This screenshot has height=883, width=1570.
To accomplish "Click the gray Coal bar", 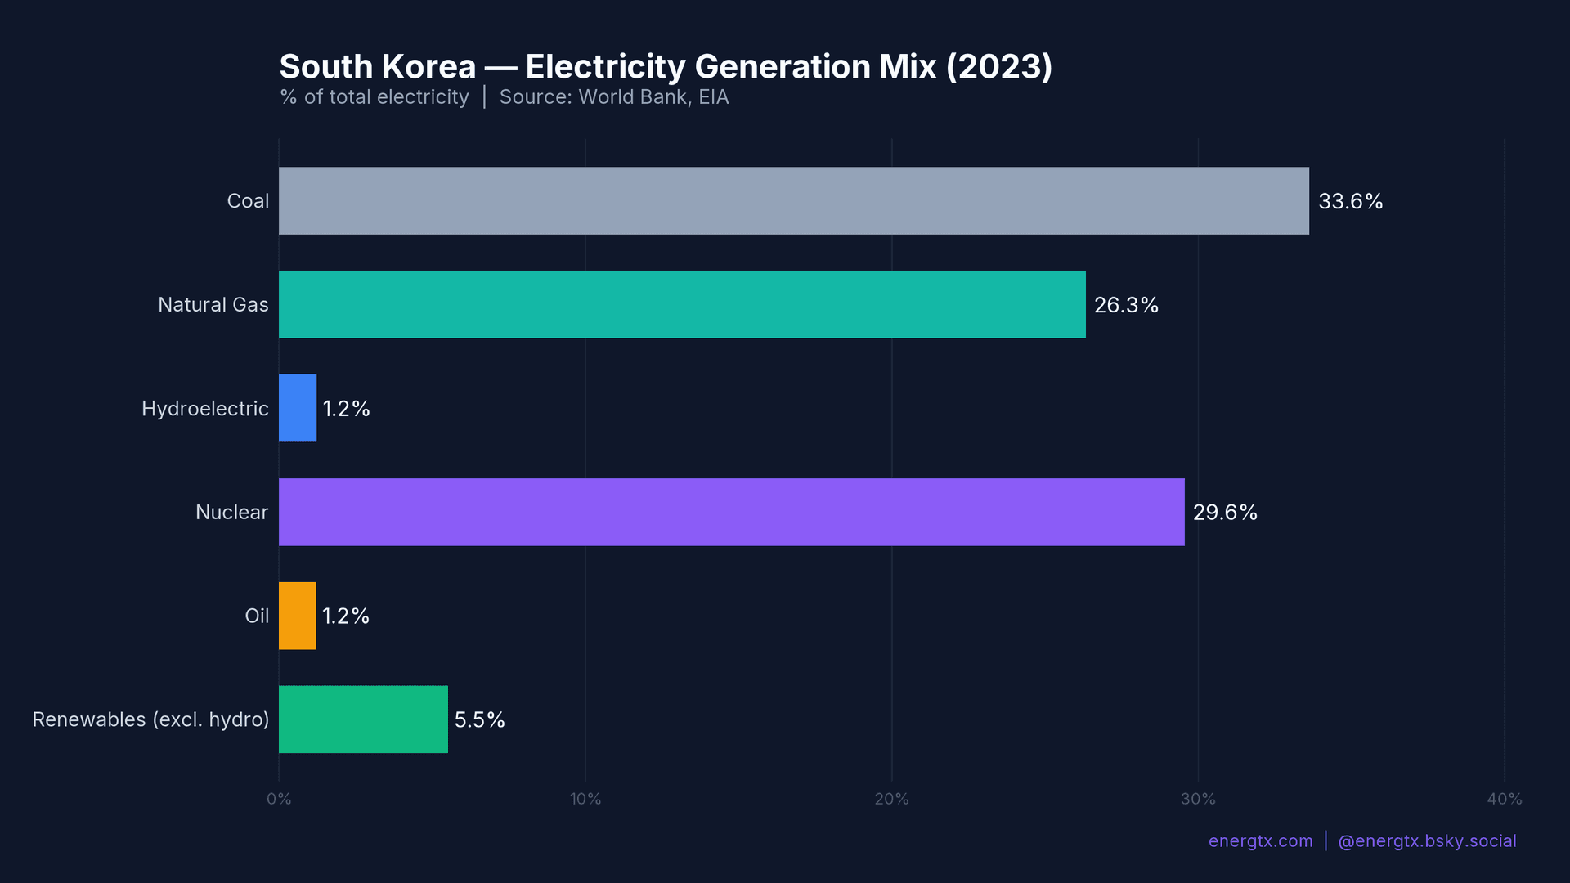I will (793, 201).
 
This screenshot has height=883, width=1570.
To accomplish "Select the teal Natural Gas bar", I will (682, 304).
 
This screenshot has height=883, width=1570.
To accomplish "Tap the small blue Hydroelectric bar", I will (298, 408).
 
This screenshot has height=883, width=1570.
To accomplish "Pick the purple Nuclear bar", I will (731, 512).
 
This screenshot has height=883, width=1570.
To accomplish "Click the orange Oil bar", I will (297, 616).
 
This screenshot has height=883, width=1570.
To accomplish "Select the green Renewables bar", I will (363, 719).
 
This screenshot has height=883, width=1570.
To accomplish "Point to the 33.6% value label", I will (1350, 201).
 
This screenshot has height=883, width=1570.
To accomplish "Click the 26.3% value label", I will (1126, 305).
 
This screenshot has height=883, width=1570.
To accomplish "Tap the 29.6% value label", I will (1225, 513).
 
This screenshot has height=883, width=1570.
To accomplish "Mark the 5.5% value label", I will (479, 719).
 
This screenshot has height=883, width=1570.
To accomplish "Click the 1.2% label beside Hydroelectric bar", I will (346, 409).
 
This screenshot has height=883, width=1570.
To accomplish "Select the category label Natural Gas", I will (213, 305).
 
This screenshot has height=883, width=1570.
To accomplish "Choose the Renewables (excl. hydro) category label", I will (150, 719).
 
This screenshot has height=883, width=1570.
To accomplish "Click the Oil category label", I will (257, 616).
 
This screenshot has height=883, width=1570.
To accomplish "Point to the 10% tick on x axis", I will (585, 799).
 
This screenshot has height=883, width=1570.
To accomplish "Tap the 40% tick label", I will (1504, 799).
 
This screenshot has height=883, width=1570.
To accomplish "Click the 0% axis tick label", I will (279, 799).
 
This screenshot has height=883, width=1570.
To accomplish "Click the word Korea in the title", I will (428, 67).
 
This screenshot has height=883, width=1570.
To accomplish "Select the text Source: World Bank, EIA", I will (613, 97).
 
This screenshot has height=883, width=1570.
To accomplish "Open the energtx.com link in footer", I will (1260, 841).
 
